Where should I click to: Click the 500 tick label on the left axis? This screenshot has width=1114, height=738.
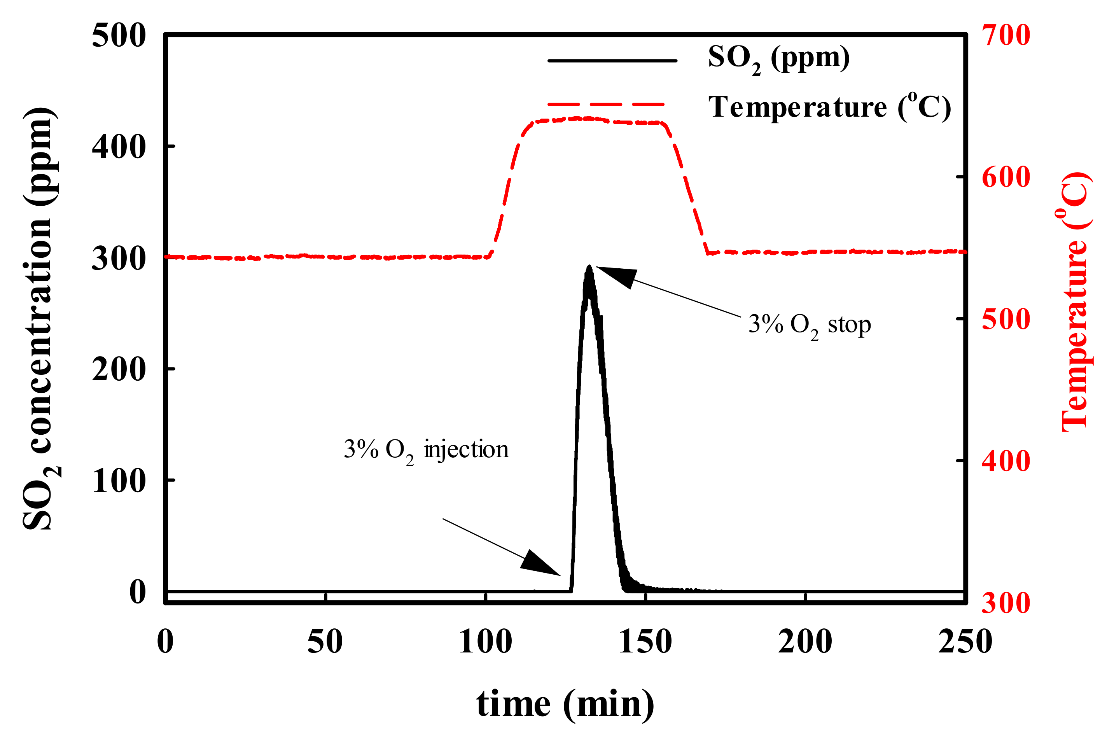[x=119, y=36]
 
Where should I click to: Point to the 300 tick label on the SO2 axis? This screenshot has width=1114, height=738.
[x=119, y=259]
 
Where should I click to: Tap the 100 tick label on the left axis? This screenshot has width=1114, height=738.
[x=119, y=481]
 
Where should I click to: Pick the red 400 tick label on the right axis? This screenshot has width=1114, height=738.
[x=1006, y=461]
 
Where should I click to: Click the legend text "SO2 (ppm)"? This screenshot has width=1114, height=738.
[x=778, y=59]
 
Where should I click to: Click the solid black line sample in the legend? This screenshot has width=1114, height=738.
[x=612, y=61]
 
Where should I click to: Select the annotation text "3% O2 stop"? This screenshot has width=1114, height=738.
[x=809, y=325]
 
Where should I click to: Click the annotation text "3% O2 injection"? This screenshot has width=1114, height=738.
[x=426, y=449]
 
